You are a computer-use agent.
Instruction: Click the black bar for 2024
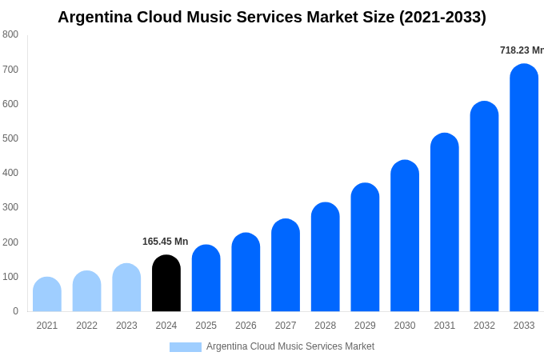tap(166, 283)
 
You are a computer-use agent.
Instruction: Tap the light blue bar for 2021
tap(47, 294)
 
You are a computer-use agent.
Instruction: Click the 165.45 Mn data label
tap(165, 242)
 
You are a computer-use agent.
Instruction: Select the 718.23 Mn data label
tap(522, 50)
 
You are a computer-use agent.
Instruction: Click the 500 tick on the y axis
tap(10, 138)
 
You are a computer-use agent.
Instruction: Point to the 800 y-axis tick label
tap(10, 34)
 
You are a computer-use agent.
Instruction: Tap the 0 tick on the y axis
tap(15, 311)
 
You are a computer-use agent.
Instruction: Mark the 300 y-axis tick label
tap(10, 207)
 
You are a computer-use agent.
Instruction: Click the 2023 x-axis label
tap(126, 326)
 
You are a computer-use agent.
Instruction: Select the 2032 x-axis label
tap(484, 326)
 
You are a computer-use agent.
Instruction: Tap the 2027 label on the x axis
tap(286, 326)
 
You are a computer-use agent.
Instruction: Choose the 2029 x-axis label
tap(365, 326)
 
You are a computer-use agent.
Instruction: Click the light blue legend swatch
tap(185, 347)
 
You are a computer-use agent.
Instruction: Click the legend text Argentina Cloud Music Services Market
tap(290, 346)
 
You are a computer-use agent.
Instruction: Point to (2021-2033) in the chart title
tap(442, 17)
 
